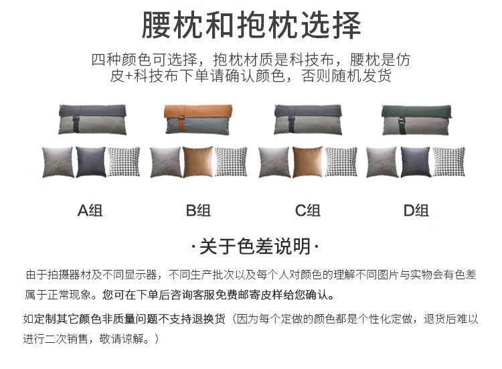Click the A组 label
(x=90, y=211)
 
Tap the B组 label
(x=199, y=211)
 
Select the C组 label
(x=307, y=211)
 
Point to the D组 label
(x=416, y=211)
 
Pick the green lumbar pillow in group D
(x=415, y=119)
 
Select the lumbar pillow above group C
(x=307, y=119)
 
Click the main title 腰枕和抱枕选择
(x=251, y=25)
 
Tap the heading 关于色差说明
(x=251, y=247)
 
